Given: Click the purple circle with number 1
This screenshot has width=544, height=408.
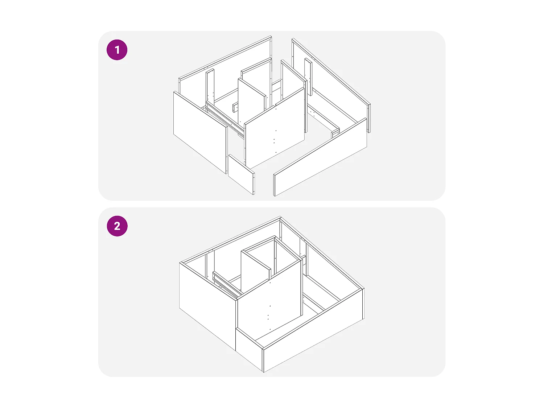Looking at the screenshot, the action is [117, 50].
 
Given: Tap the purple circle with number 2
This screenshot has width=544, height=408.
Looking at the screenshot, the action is [117, 226].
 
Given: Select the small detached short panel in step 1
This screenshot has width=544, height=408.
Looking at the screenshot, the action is [242, 175].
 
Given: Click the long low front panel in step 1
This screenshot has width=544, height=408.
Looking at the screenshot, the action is [320, 157].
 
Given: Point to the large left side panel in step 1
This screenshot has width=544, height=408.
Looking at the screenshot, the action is [200, 133].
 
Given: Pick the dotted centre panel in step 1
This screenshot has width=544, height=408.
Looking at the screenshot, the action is [275, 129].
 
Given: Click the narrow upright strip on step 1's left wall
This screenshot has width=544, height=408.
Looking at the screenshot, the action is [210, 87].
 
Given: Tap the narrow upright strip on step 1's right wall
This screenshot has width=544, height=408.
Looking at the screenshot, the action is [308, 77].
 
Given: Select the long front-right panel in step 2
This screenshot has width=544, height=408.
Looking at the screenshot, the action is [313, 330].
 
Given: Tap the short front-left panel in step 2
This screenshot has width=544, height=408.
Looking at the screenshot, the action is [249, 349].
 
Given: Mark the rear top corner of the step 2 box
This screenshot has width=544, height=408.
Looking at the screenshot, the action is [280, 217].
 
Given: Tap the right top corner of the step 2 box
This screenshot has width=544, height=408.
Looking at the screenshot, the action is [364, 289].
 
